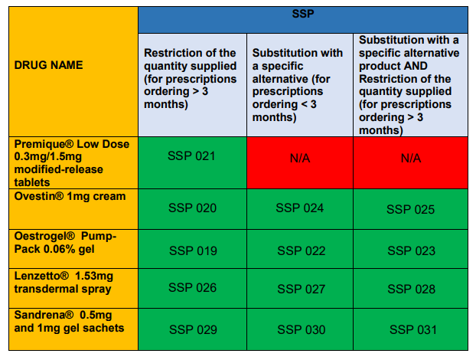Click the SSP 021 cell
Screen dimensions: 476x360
(192, 162)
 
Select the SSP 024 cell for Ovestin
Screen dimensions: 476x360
(300, 209)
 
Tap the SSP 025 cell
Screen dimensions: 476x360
(411, 209)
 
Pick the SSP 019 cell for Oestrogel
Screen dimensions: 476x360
(192, 249)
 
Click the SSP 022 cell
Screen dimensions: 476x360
(300, 249)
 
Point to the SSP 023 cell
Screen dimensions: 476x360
(411, 249)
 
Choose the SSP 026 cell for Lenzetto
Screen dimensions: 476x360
(192, 288)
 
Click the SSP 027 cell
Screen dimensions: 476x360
(300, 288)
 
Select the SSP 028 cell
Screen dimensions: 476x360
(411, 288)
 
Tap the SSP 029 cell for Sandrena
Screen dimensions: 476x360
(192, 329)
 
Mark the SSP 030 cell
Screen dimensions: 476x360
(300, 329)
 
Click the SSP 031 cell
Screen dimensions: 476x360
(411, 329)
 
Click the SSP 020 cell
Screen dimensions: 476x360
(192, 209)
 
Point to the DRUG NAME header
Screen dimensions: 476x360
(48, 65)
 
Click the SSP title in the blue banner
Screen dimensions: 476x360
(303, 14)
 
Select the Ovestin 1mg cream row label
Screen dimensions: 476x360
(70, 196)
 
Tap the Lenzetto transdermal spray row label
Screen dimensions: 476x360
(64, 283)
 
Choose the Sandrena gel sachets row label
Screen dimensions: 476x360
(69, 322)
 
